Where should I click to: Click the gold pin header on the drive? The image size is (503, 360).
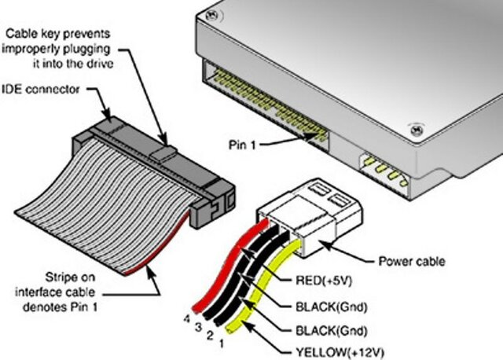coord(267,103)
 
